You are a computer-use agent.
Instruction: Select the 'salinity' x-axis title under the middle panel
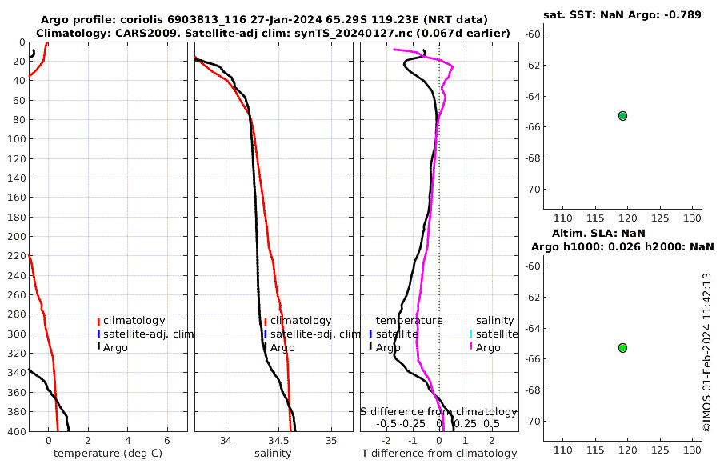pos(273,454)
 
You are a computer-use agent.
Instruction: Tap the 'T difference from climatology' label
pos(438,454)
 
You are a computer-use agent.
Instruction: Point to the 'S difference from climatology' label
pos(438,411)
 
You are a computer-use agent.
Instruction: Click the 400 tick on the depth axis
pos(18,432)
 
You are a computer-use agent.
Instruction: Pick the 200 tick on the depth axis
pos(18,237)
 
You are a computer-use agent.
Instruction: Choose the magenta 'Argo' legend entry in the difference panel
pos(487,347)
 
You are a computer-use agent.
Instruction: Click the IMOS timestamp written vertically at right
pos(706,352)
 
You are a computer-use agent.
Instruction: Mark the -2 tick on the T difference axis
pos(387,441)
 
